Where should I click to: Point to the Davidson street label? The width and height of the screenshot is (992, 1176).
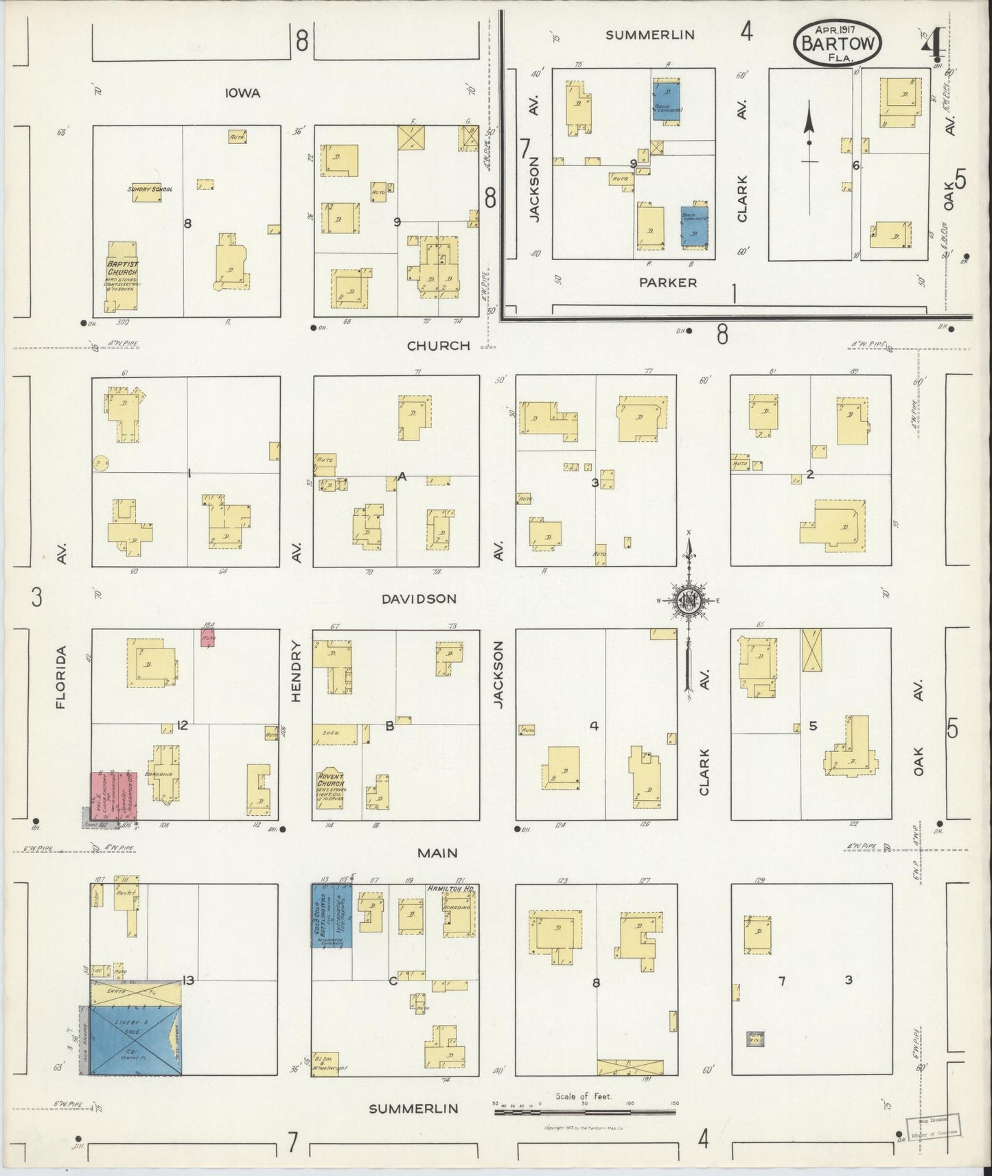tap(419, 598)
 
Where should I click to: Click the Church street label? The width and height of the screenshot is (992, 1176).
tap(439, 346)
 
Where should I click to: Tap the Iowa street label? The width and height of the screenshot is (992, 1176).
tap(242, 93)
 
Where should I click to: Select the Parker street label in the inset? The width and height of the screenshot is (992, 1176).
tap(668, 282)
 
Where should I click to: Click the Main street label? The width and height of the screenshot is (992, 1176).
tap(438, 852)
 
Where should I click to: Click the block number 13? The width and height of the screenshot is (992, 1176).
tap(187, 980)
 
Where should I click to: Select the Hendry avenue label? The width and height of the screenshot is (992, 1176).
tap(297, 671)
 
